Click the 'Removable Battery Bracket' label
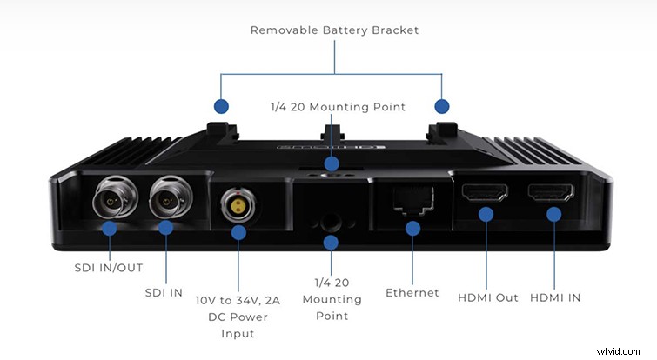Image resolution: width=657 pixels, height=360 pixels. tap(334, 30)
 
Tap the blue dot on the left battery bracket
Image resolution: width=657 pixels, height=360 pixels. tap(221, 106)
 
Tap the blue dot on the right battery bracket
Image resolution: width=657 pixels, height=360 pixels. tap(442, 106)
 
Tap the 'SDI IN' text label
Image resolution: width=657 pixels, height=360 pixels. tap(164, 292)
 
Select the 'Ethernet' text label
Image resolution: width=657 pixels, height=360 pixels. tap(412, 292)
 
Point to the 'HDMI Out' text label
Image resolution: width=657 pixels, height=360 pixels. tap(488, 297)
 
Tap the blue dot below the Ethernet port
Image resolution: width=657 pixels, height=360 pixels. tap(412, 228)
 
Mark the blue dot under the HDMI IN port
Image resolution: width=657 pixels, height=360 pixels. tap(552, 212)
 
